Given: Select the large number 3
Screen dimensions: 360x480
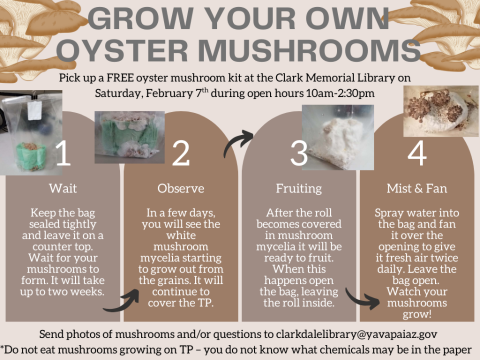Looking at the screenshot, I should (x=298, y=153).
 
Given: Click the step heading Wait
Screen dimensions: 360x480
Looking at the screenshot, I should (x=62, y=187).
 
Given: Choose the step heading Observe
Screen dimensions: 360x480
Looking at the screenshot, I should (x=181, y=187).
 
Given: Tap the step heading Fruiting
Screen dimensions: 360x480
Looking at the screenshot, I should (x=299, y=187).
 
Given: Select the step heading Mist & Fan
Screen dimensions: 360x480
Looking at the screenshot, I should (x=417, y=187).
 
